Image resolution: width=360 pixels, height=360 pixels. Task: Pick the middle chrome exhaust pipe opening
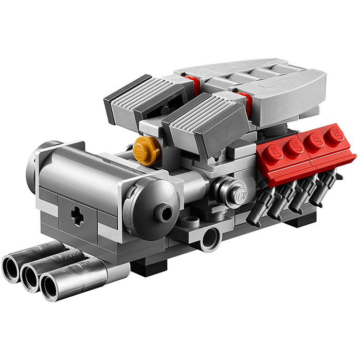click(x=31, y=276)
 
